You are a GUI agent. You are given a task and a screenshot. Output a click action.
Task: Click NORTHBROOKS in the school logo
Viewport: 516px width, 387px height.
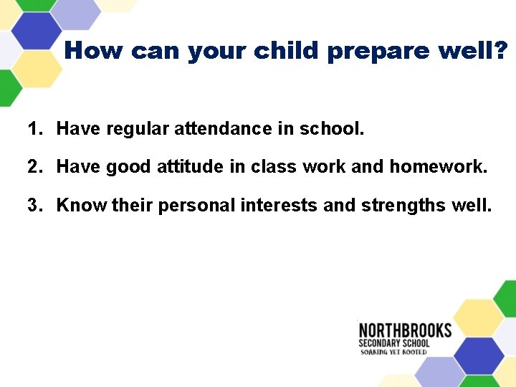[405, 330]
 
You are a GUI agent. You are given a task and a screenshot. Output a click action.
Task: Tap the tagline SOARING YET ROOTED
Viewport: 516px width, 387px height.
[393, 352]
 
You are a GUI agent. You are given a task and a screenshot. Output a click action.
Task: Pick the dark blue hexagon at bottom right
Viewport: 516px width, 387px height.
[479, 353]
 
